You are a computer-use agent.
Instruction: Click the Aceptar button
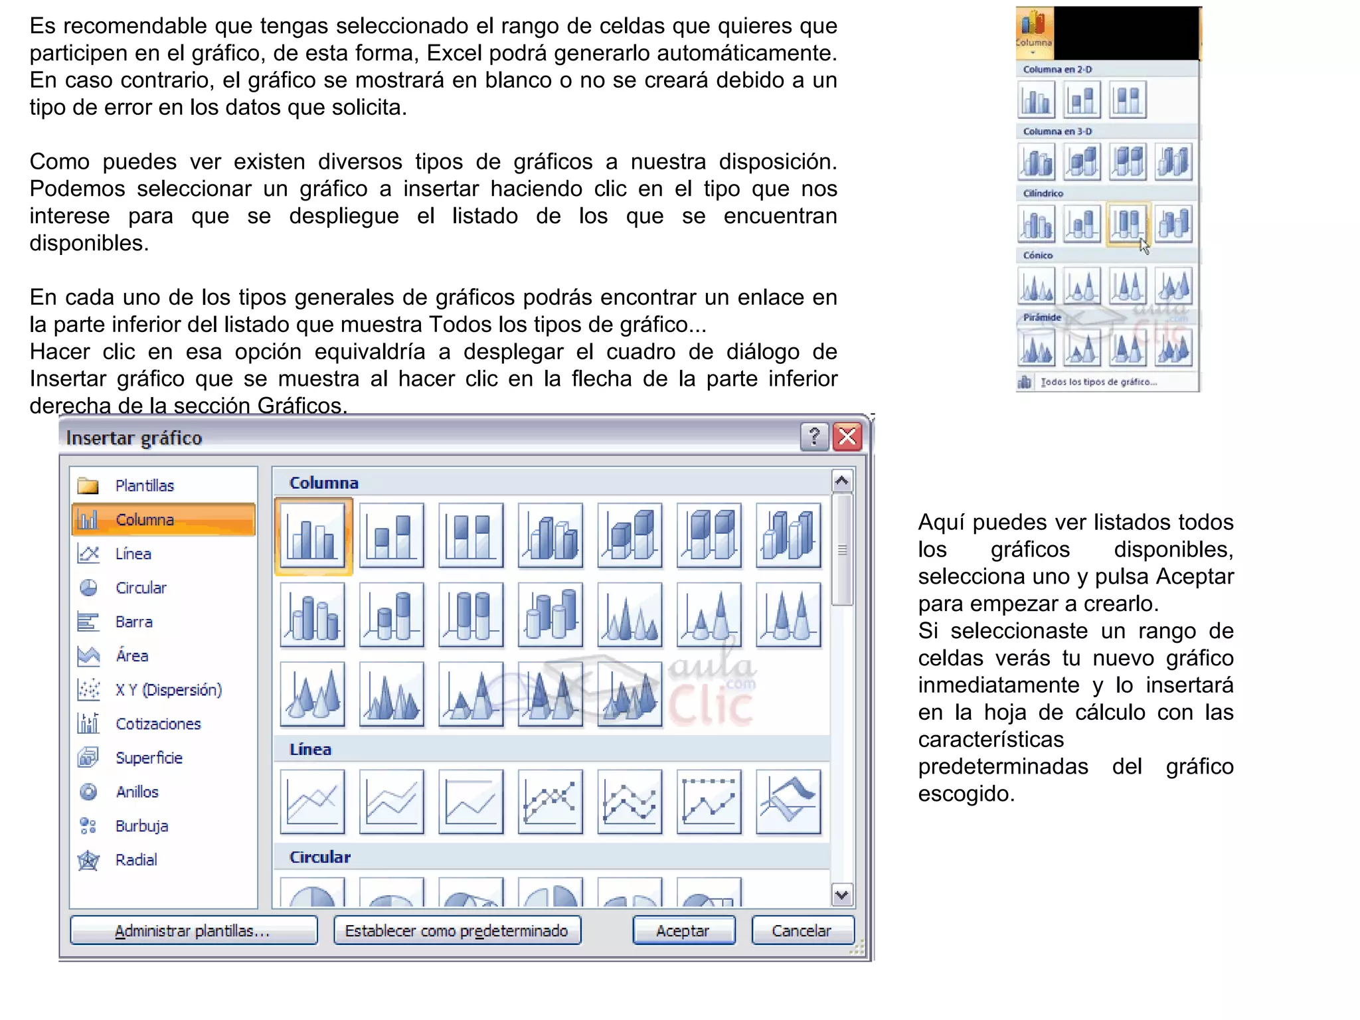[x=683, y=930]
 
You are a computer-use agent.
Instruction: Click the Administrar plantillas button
[x=193, y=930]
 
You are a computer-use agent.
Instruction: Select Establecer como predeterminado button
[x=457, y=930]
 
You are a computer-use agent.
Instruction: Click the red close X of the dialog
[x=847, y=437]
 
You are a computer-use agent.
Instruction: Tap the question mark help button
[x=814, y=437]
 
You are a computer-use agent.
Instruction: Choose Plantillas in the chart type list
[x=144, y=485]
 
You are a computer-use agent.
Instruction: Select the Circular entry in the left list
[x=141, y=588]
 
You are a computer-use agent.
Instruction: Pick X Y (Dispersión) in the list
[x=168, y=690]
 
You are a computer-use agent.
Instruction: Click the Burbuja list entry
[x=141, y=826]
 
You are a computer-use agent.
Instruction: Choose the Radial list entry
[x=136, y=860]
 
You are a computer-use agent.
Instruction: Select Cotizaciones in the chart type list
[x=158, y=724]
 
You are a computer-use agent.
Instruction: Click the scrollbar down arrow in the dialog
[x=842, y=894]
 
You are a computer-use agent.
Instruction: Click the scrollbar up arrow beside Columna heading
[x=842, y=481]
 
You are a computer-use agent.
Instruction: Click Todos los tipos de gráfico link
[x=1098, y=382]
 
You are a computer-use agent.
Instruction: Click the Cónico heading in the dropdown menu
[x=1038, y=255]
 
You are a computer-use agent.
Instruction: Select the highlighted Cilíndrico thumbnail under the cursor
[x=1127, y=224]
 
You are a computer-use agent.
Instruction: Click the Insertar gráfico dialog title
[x=134, y=438]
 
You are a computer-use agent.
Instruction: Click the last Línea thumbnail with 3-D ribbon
[x=788, y=802]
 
